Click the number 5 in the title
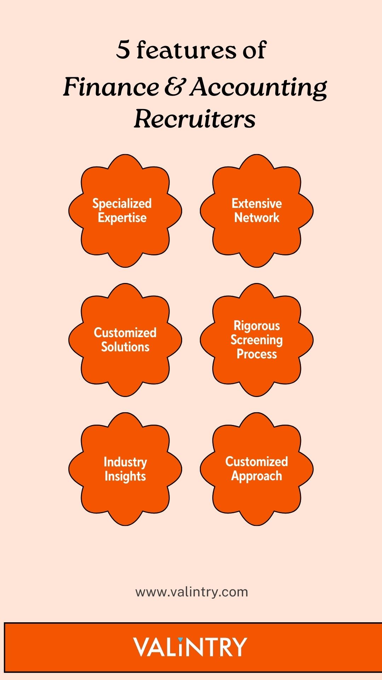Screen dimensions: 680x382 point(123,50)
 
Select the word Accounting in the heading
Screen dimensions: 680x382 point(258,88)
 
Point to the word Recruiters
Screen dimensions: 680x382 point(195,119)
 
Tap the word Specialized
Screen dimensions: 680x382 point(122,204)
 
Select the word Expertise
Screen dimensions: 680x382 point(122,218)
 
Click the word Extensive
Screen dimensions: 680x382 point(257,204)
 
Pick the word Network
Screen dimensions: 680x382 point(257,217)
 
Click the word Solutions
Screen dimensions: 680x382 point(125,347)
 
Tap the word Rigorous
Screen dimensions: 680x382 point(257,326)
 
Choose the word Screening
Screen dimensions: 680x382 point(257,340)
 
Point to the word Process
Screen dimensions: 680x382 point(257,354)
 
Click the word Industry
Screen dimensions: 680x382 point(125,462)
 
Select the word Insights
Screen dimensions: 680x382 point(125,476)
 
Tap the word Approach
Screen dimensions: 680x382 point(257,476)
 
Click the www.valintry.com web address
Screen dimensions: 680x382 point(191,592)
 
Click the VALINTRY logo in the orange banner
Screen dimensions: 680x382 point(190,647)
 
